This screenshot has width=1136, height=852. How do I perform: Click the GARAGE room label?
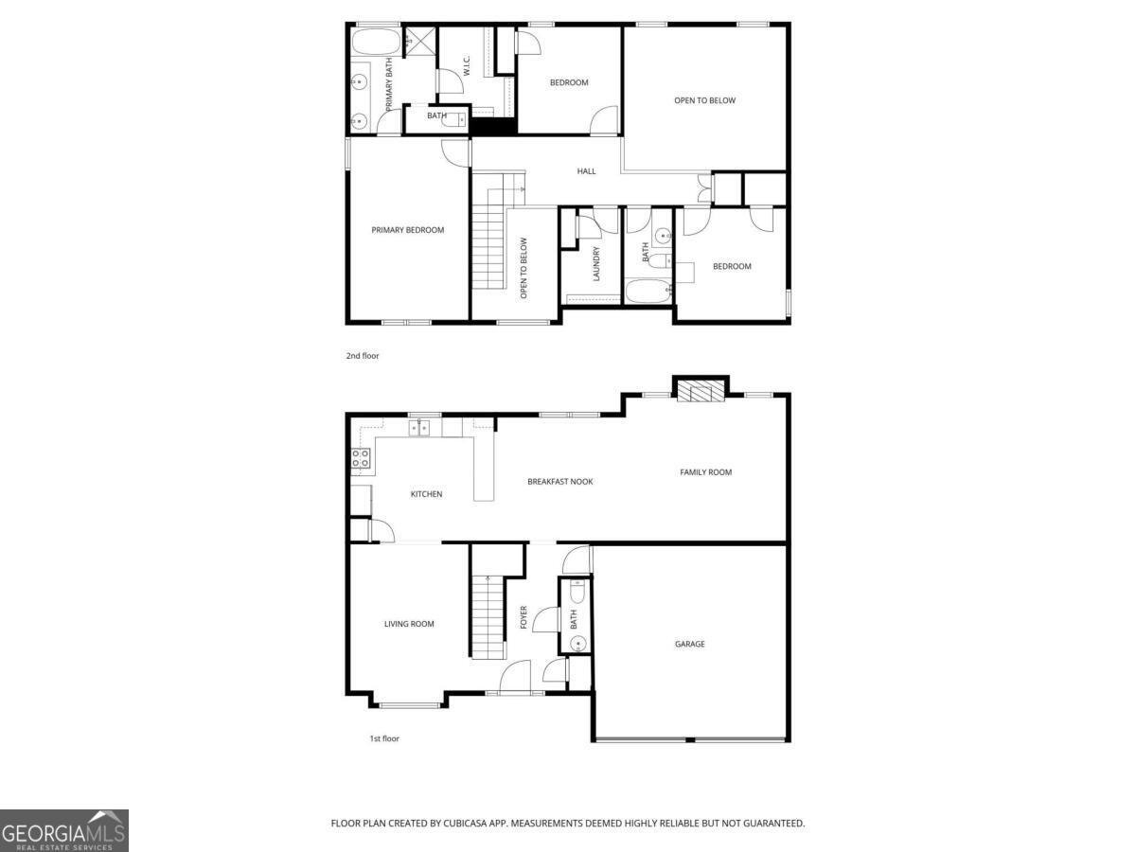coord(689,644)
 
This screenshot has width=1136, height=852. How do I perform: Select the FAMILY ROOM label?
coord(705,472)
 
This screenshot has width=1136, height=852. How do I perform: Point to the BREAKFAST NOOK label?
coord(559,482)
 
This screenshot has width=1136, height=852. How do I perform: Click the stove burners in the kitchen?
coord(361,459)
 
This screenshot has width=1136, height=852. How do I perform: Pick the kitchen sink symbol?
coord(417,429)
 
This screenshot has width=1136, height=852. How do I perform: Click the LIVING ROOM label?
coord(409,624)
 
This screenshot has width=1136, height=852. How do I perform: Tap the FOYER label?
coord(524,617)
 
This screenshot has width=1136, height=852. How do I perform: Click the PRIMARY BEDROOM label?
coord(407,230)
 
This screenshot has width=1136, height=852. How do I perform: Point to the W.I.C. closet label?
coord(466,67)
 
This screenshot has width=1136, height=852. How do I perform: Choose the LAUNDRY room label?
coord(596,264)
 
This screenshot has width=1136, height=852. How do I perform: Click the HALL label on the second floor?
coord(587,171)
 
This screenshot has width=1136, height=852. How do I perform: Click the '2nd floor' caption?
coord(363,356)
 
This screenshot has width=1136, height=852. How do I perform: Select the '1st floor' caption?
coord(384,738)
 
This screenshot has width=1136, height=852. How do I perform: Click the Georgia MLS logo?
coord(63,830)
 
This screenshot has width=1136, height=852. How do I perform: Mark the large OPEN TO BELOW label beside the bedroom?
coord(704,100)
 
